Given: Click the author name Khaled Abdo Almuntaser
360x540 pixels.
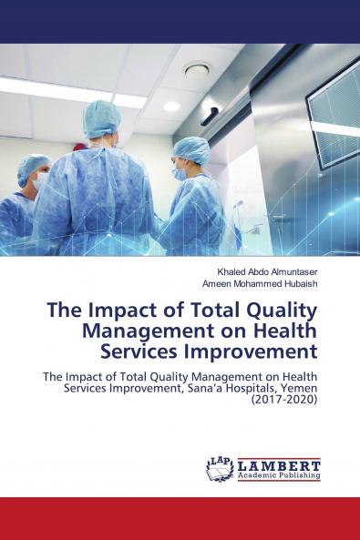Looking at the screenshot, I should coord(261,271).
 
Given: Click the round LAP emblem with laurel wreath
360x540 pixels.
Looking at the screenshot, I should coord(220,469).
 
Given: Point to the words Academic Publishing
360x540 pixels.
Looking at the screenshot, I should coord(278,474).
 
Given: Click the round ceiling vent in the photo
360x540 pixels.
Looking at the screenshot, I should coord(197,69).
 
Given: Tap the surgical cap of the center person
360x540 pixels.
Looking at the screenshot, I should coord(102,117).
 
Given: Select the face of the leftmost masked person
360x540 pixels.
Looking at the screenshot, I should coord(38,178).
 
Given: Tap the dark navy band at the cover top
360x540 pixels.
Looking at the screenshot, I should coord(180,21).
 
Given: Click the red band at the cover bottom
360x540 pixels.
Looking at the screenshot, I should coord(180,518).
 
